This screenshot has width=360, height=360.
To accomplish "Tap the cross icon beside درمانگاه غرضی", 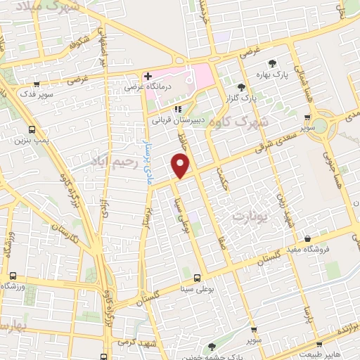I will point(147,76).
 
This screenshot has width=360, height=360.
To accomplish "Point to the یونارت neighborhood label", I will point(247,214).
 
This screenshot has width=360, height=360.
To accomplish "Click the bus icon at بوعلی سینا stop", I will point(197,277).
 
